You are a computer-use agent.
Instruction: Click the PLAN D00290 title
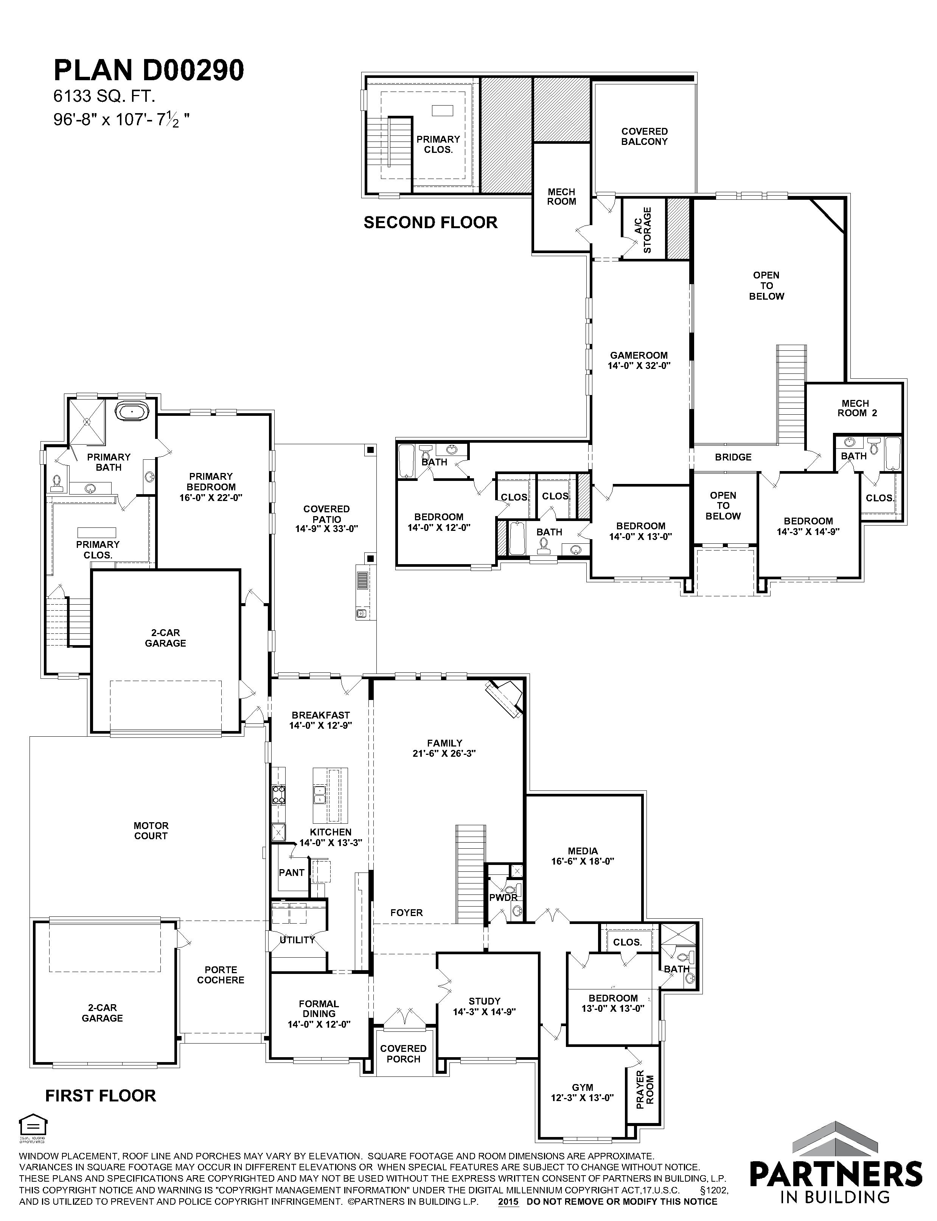point(149,71)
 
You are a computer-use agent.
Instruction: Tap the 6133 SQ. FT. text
point(104,96)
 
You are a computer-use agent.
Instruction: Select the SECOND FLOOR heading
point(430,222)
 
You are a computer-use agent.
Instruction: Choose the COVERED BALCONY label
point(645,137)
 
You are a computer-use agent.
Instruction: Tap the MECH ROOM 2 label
point(856,408)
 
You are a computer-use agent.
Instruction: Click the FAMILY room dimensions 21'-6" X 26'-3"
point(444,753)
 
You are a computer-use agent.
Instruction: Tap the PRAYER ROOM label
point(645,1089)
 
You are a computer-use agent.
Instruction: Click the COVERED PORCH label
point(403,1054)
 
